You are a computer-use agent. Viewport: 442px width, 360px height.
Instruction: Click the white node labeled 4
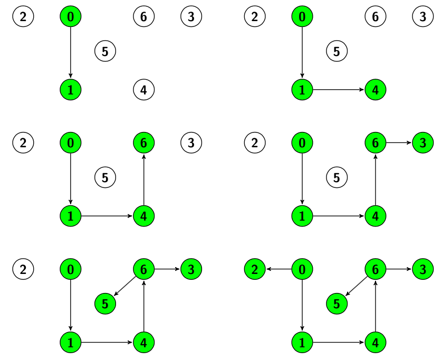pyautogui.click(x=144, y=90)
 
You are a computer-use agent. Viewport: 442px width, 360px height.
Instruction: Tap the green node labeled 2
pyautogui.click(x=255, y=270)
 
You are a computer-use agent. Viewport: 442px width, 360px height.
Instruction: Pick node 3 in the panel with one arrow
pyautogui.click(x=191, y=16)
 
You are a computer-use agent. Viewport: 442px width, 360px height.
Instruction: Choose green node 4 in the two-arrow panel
pyautogui.click(x=376, y=90)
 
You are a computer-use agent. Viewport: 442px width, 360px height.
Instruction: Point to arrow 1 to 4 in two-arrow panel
pyautogui.click(x=339, y=90)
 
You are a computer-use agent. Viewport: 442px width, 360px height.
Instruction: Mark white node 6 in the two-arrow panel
pyautogui.click(x=376, y=16)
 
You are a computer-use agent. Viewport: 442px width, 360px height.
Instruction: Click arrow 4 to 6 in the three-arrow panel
pyautogui.click(x=144, y=179)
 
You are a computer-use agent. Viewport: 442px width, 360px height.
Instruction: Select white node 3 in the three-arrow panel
pyautogui.click(x=191, y=143)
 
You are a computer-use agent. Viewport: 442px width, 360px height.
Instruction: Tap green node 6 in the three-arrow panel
pyautogui.click(x=144, y=143)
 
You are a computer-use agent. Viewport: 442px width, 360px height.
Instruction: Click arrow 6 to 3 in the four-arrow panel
pyautogui.click(x=399, y=143)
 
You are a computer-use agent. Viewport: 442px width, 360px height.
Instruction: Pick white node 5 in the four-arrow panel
pyautogui.click(x=337, y=177)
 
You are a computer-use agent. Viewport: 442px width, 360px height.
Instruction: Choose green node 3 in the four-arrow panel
pyautogui.click(x=423, y=143)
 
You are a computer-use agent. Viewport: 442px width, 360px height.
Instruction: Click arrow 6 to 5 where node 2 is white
pyautogui.click(x=124, y=287)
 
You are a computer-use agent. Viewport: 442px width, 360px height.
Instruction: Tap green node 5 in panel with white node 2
pyautogui.click(x=105, y=304)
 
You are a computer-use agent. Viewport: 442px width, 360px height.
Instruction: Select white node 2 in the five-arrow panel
pyautogui.click(x=23, y=270)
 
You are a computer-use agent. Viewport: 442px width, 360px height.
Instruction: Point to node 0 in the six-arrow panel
pyautogui.click(x=302, y=270)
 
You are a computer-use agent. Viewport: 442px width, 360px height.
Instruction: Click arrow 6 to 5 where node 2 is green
pyautogui.click(x=356, y=287)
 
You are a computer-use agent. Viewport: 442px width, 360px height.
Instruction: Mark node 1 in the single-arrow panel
pyautogui.click(x=70, y=90)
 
